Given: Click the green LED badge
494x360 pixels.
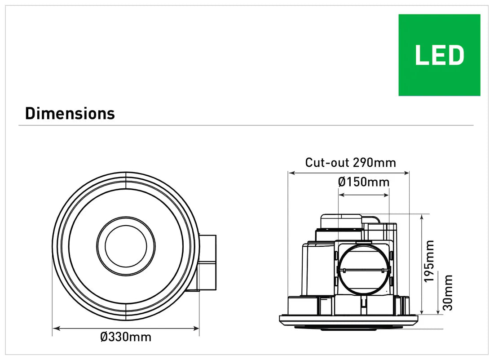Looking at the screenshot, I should (439, 55).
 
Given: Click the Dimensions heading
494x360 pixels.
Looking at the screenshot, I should (70, 114).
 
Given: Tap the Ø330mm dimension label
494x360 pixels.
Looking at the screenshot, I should (126, 337).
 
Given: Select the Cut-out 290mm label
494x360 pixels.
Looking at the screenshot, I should (351, 162).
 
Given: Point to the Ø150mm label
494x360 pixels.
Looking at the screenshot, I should (363, 182).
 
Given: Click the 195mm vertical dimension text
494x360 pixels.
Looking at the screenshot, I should (430, 261).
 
